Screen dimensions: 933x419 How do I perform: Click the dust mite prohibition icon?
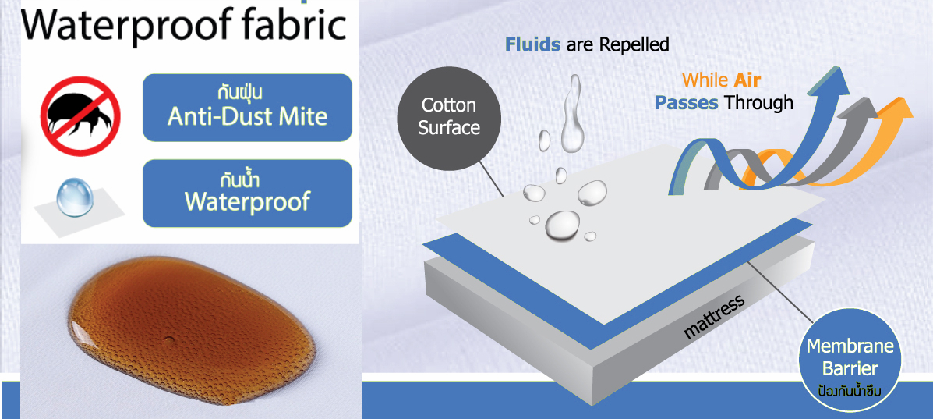point(80,115)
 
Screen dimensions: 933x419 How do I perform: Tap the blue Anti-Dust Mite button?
point(248,107)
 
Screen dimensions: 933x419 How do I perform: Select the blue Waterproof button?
point(248,193)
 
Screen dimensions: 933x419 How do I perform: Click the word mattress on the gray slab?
point(714,317)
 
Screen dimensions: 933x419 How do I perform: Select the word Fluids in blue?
point(532,44)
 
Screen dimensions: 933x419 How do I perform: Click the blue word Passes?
point(686,102)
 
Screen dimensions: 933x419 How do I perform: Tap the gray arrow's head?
point(862,106)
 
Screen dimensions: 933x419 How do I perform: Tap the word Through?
point(758,102)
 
